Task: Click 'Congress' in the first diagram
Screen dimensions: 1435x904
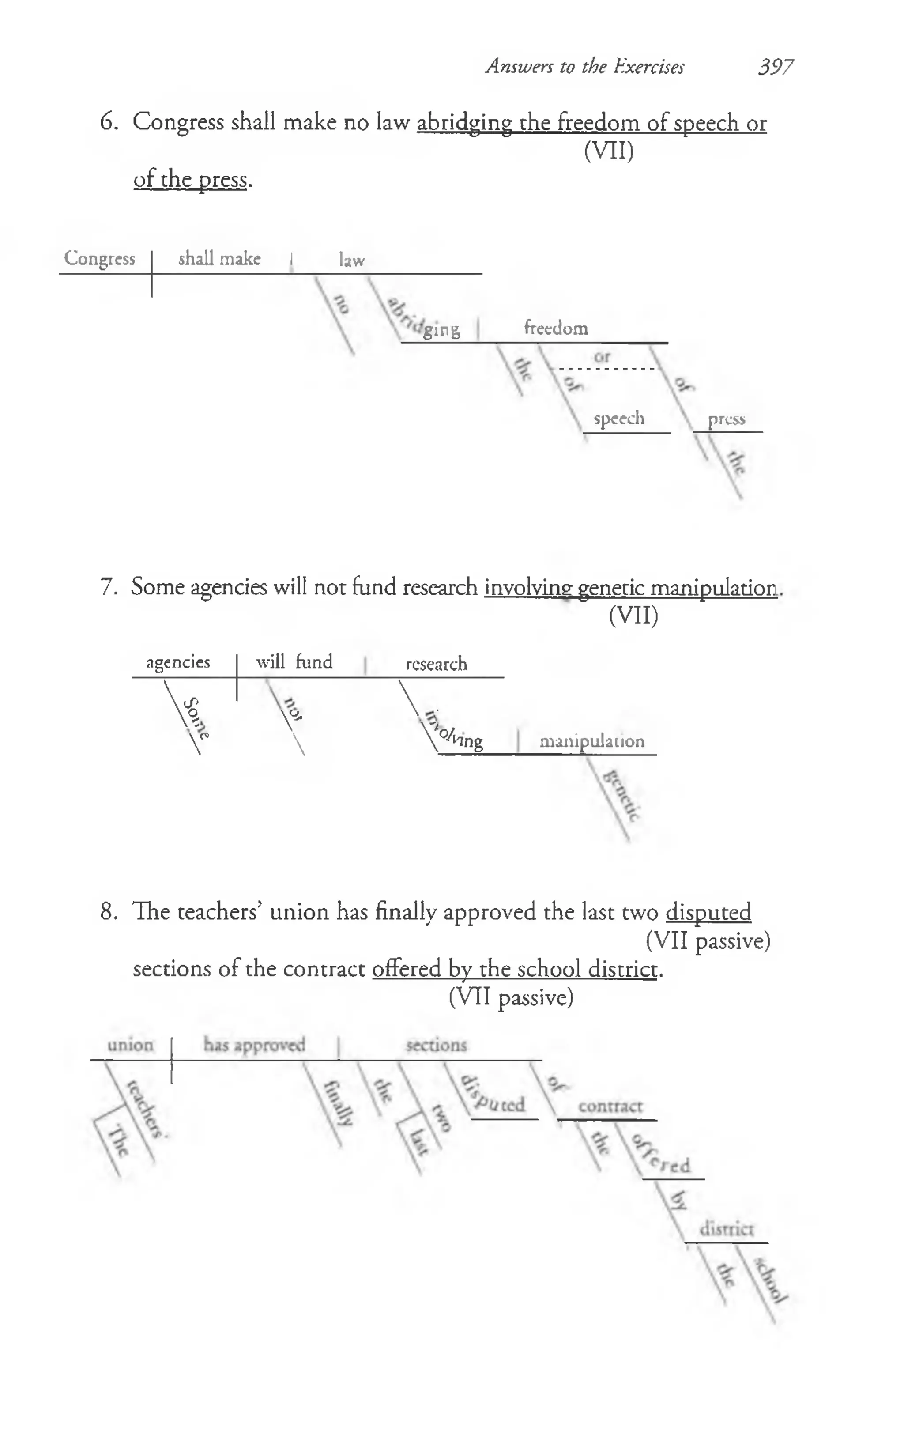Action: (x=99, y=259)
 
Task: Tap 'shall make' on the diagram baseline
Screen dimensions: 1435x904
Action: (x=219, y=259)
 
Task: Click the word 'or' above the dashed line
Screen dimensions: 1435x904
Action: (x=602, y=357)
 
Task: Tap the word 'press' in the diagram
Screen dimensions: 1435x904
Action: (x=727, y=419)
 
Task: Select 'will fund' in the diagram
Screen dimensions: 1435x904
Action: (x=294, y=662)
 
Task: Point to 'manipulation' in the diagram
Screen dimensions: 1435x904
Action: (x=592, y=741)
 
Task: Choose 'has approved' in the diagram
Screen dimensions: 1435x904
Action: (x=254, y=1045)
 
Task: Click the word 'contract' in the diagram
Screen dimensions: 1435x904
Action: (x=610, y=1106)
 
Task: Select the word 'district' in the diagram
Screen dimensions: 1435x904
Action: (x=727, y=1229)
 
